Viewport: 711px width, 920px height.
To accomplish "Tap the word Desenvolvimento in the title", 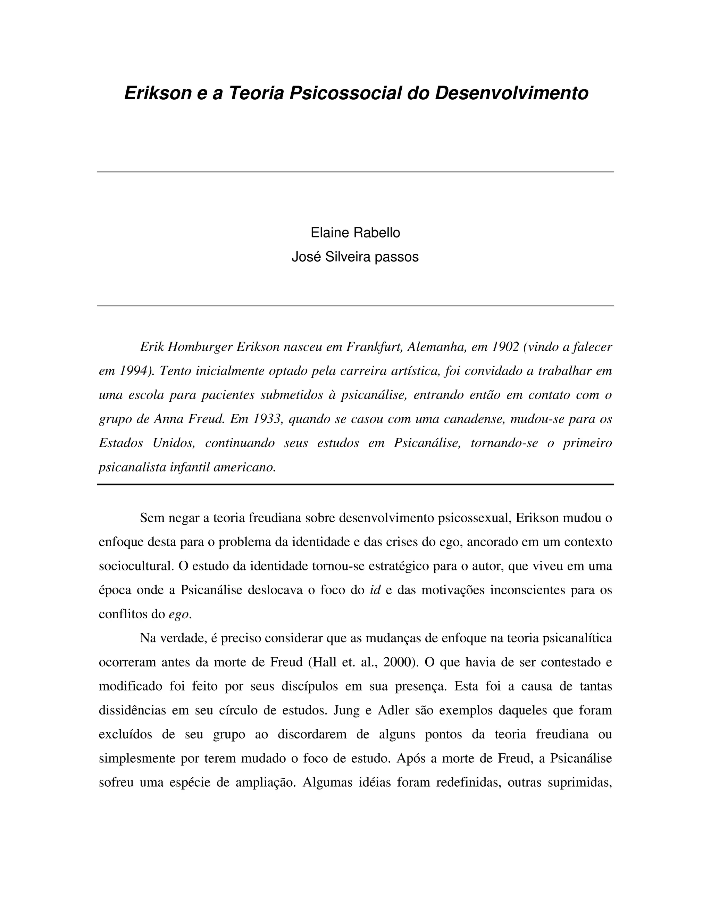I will [x=511, y=93].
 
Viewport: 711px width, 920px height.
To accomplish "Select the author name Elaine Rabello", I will [x=355, y=233].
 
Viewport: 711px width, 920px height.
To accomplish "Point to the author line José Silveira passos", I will [x=355, y=257].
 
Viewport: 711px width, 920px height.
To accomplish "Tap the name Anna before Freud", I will [x=170, y=419].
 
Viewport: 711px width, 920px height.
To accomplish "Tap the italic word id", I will [x=375, y=590].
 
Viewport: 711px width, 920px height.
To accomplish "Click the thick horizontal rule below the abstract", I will [x=355, y=484].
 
